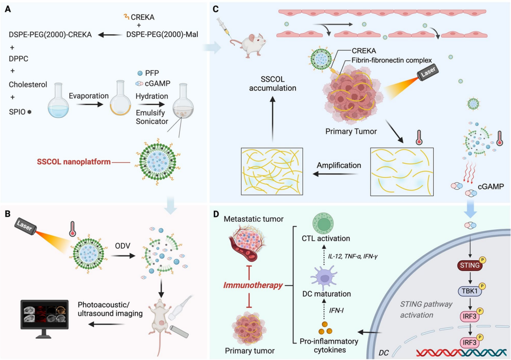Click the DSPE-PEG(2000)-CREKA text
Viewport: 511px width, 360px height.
click(x=51, y=35)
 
